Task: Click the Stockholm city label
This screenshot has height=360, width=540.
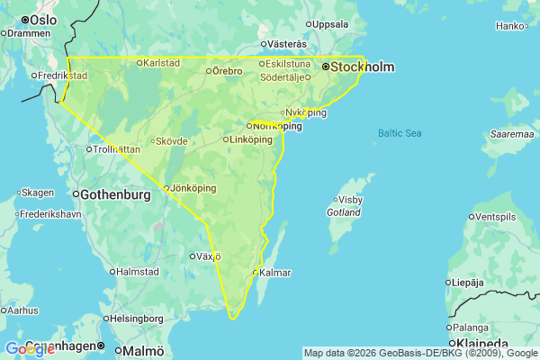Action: click(x=364, y=67)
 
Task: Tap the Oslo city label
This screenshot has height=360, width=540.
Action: click(x=42, y=19)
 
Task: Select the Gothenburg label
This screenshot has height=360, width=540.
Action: click(x=114, y=194)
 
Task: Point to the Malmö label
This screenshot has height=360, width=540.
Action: click(x=144, y=350)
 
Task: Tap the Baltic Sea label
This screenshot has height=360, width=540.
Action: click(x=400, y=133)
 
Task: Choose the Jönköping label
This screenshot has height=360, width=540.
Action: click(x=193, y=188)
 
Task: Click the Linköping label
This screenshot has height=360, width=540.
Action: click(x=250, y=139)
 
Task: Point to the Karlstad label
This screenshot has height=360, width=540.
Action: click(x=162, y=63)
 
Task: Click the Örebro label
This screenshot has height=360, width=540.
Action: click(x=229, y=70)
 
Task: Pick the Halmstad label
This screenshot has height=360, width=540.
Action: click(x=139, y=272)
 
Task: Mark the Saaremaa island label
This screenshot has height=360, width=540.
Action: click(x=512, y=134)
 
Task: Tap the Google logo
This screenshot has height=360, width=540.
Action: click(x=30, y=349)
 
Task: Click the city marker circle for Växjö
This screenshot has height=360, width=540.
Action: click(x=192, y=256)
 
